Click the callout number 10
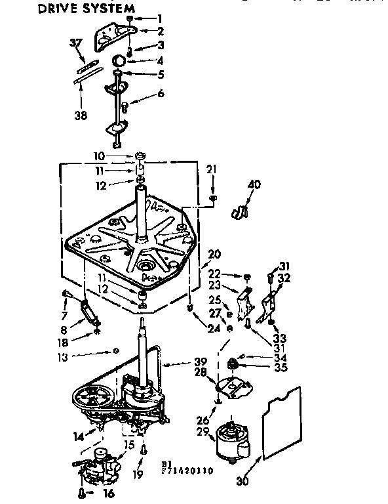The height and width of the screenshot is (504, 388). (x=99, y=156)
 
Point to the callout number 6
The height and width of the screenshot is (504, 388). (x=161, y=94)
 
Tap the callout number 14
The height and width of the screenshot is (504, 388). (x=79, y=435)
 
